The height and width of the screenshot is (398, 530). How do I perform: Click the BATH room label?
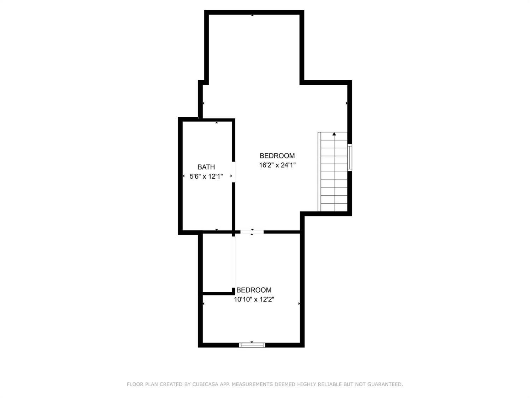pos(206,167)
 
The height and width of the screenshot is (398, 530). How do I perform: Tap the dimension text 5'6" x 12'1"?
pos(206,177)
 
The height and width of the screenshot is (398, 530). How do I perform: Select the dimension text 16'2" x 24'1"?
pos(277,165)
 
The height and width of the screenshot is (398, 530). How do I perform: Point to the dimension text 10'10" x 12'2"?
pos(254,300)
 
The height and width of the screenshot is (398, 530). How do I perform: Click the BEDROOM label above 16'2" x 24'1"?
pos(277,156)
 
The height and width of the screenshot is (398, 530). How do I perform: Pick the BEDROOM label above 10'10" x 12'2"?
pos(254,290)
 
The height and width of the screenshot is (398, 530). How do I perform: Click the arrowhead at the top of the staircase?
pos(334,134)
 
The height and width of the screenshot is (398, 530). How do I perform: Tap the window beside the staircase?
pos(349,157)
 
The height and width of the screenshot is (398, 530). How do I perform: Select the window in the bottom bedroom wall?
pos(252,345)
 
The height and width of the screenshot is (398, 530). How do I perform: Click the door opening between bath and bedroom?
pos(233,172)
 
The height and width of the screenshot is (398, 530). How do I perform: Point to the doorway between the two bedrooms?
pos(252,232)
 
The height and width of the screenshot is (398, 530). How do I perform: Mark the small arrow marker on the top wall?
pos(252,15)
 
